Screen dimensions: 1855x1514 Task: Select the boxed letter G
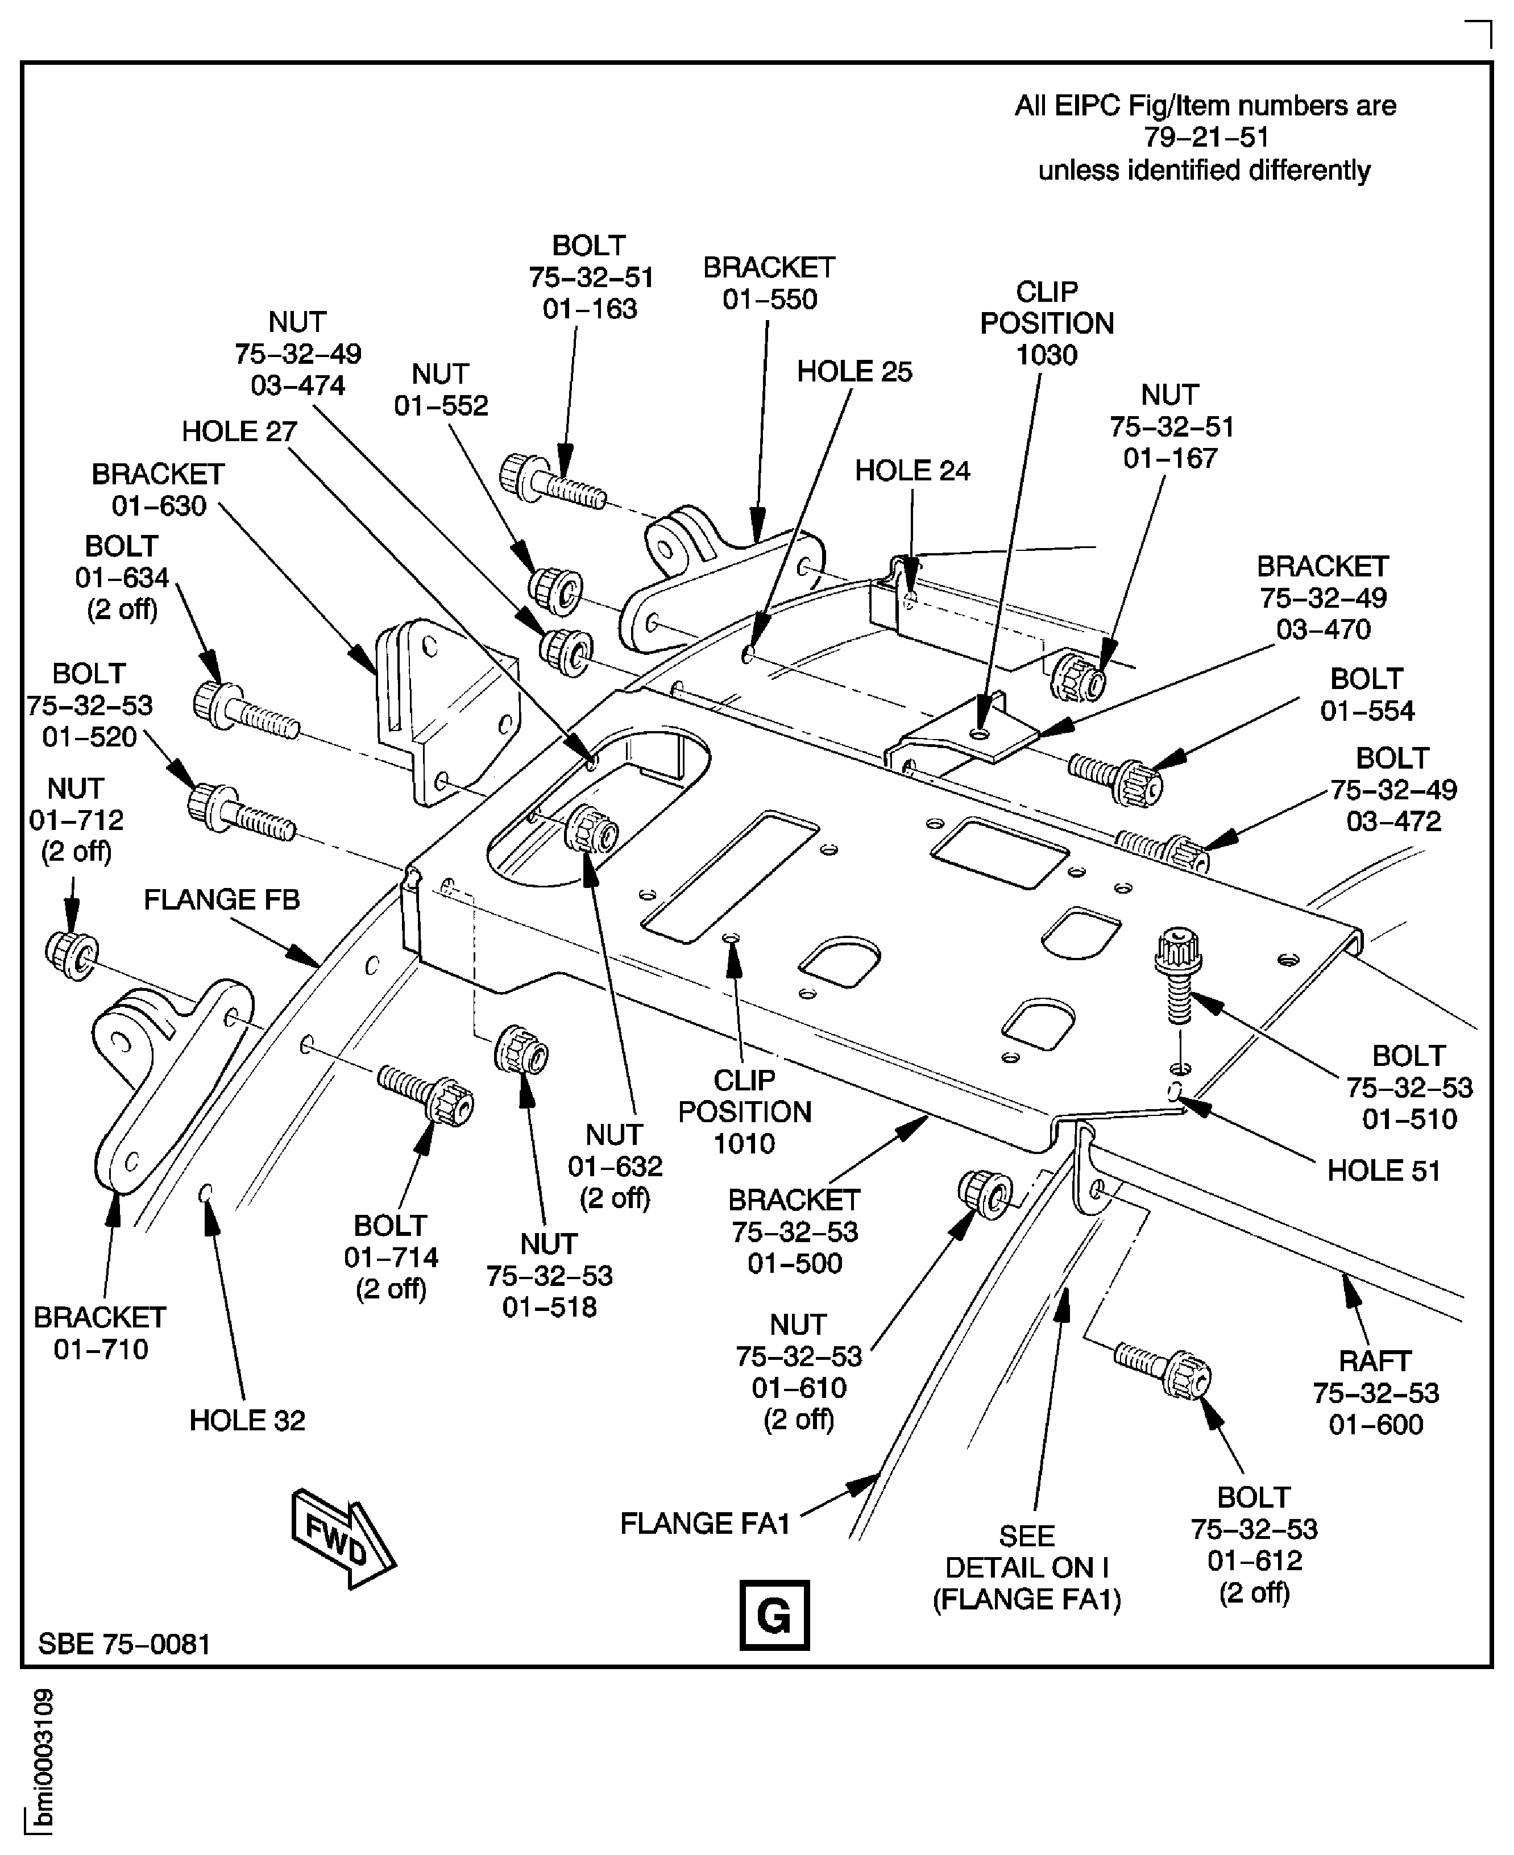pyautogui.click(x=774, y=1615)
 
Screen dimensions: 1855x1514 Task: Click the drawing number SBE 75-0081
pyautogui.click(x=125, y=1644)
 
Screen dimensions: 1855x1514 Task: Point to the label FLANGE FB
pyautogui.click(x=222, y=899)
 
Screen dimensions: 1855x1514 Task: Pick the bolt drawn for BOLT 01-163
pyautogui.click(x=551, y=482)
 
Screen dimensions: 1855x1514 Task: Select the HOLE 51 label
pyautogui.click(x=1383, y=1171)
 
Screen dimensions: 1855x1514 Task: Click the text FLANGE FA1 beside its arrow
pyautogui.click(x=704, y=1523)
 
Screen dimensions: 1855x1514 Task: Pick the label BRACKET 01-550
pyautogui.click(x=769, y=284)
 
